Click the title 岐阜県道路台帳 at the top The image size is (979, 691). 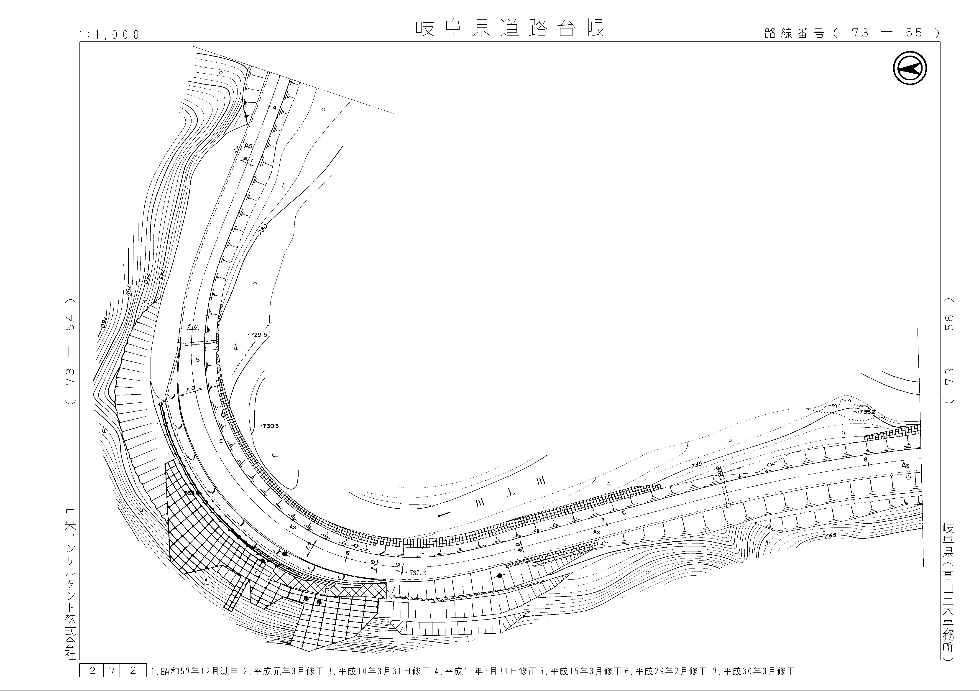click(x=510, y=28)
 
